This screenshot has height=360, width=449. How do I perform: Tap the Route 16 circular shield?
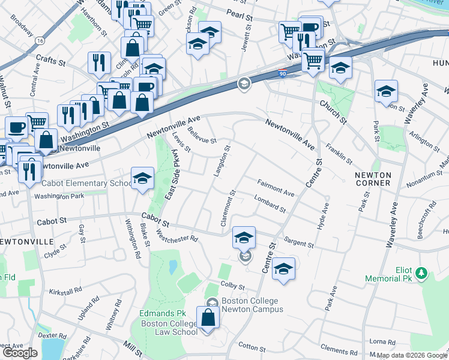click(x=40, y=40)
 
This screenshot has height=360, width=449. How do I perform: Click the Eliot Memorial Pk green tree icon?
click(x=422, y=274)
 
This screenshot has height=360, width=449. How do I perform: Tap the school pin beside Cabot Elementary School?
click(x=142, y=179)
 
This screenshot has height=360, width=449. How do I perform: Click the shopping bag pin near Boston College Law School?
click(x=208, y=319)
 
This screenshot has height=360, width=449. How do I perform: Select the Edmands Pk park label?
click(x=163, y=314)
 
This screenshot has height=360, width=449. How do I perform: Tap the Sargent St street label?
click(x=299, y=242)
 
